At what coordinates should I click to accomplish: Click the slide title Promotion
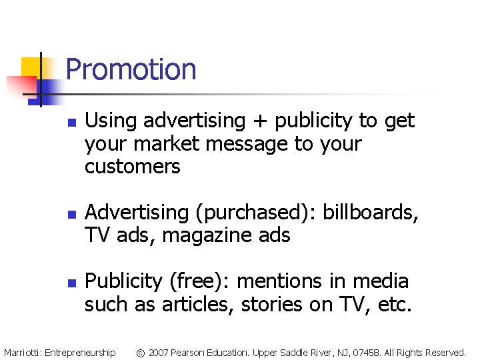coord(131,69)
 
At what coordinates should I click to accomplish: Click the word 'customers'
coord(132,167)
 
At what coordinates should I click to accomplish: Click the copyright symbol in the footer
coord(140,351)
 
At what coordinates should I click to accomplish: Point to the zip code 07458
coord(366,351)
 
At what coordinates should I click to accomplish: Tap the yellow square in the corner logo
coord(31,67)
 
